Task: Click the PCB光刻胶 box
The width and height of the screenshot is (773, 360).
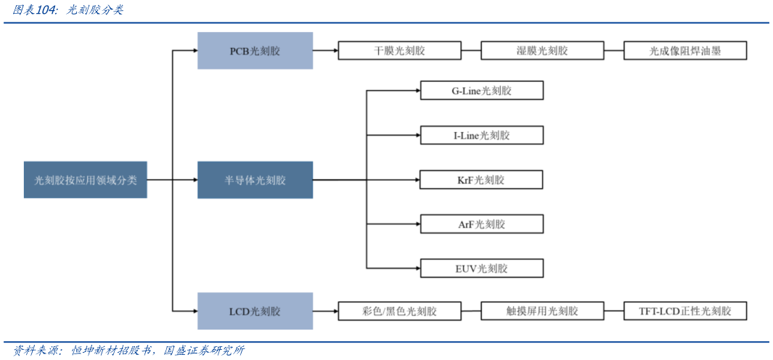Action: pos(255,51)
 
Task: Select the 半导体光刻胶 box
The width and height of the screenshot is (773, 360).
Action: pos(255,180)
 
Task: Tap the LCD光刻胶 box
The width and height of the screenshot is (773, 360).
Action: pos(255,311)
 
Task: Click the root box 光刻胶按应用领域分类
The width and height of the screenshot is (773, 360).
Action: pos(85,180)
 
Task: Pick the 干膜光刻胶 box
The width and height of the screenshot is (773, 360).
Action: pos(399,51)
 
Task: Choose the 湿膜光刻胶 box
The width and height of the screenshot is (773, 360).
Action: pos(541,51)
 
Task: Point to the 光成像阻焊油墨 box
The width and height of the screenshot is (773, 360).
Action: pos(685,51)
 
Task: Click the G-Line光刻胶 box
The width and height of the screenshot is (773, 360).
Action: pos(481,91)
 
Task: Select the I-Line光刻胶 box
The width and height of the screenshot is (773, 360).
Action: pos(481,135)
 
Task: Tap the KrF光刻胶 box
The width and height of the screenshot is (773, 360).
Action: pos(481,180)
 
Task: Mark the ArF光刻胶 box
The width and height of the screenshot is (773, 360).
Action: pos(481,224)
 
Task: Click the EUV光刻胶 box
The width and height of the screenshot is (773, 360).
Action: pos(481,269)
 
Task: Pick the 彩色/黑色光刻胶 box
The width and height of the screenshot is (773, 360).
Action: pos(399,311)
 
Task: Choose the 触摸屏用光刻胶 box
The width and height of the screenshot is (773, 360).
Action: pos(541,311)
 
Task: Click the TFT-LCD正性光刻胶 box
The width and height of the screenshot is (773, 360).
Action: pos(685,311)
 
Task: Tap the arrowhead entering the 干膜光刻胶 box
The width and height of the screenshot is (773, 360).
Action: pos(335,51)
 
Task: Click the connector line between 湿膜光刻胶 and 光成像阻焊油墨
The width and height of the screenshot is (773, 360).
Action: pos(613,51)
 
